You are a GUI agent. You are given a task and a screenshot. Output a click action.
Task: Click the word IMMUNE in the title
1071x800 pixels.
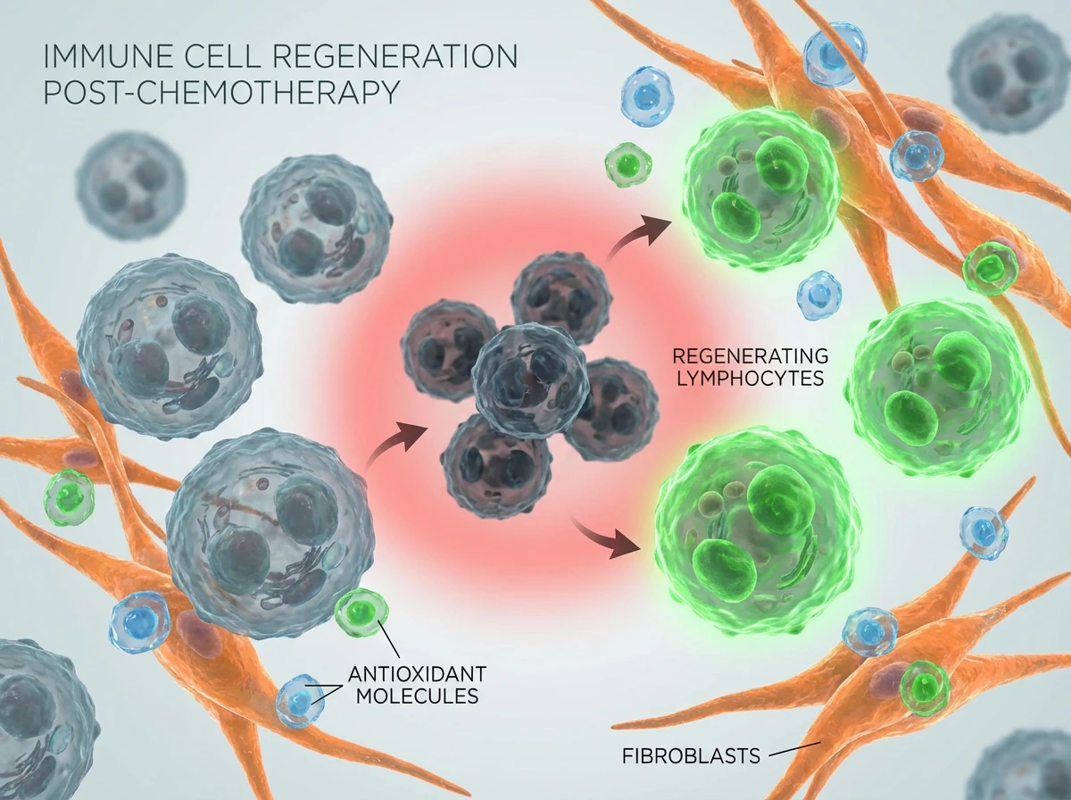[x=107, y=56]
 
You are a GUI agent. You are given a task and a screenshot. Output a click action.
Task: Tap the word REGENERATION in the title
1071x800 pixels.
[x=394, y=56]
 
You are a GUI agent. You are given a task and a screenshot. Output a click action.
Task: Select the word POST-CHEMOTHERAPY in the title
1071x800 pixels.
[x=221, y=92]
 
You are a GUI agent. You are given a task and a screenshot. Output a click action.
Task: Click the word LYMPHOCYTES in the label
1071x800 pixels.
[x=751, y=378]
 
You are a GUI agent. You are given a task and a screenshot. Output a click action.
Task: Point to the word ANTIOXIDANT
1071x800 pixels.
[x=418, y=674]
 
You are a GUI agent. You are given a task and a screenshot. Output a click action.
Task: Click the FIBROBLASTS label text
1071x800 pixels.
[x=691, y=756]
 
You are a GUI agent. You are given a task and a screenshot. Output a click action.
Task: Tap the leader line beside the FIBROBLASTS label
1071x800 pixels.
[x=795, y=749]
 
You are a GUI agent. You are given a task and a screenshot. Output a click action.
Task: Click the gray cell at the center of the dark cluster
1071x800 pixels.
[x=530, y=379]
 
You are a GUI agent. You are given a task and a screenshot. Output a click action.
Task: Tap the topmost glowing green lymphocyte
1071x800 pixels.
[x=761, y=189]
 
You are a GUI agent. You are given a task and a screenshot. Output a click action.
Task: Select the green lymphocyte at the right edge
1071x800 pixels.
[x=935, y=389]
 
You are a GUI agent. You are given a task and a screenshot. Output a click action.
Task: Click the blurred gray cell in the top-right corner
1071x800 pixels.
[x=1009, y=72]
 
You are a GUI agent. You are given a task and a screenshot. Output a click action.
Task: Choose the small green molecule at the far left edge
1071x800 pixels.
[x=69, y=497]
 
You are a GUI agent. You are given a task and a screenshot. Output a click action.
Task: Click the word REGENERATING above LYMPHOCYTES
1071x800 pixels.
[x=751, y=356]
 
